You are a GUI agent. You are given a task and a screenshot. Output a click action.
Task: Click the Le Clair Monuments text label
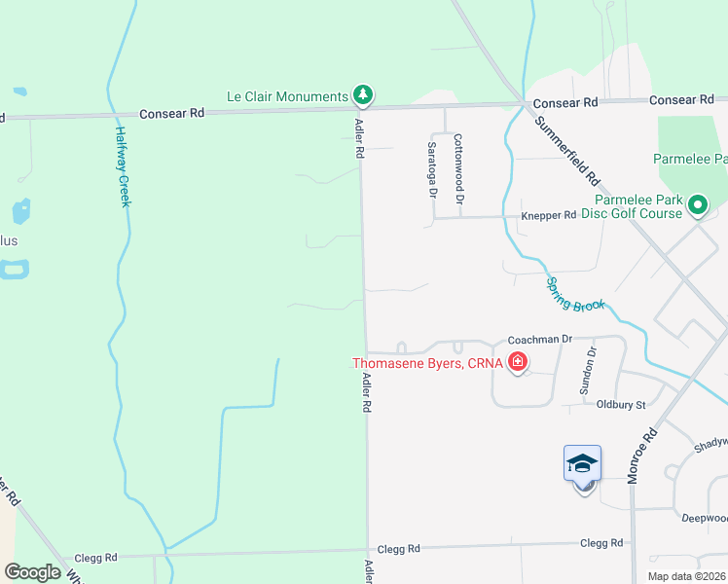287,96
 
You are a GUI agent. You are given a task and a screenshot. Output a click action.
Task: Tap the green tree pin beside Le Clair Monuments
363,94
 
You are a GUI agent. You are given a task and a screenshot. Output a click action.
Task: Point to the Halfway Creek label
124,166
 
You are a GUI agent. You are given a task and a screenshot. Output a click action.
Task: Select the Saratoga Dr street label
432,167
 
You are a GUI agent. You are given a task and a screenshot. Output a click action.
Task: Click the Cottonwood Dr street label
457,163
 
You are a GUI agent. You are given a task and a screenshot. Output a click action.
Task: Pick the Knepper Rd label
549,215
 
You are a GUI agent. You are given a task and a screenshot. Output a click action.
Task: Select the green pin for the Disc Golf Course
697,205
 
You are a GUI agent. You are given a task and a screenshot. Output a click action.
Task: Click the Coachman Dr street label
538,340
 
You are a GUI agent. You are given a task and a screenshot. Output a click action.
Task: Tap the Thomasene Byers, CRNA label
427,364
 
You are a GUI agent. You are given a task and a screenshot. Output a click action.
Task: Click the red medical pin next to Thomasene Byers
518,364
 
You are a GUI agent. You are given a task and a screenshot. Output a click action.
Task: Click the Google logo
32,572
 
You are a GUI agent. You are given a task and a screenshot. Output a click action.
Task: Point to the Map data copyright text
686,576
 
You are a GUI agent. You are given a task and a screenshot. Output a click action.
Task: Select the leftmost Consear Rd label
171,113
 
